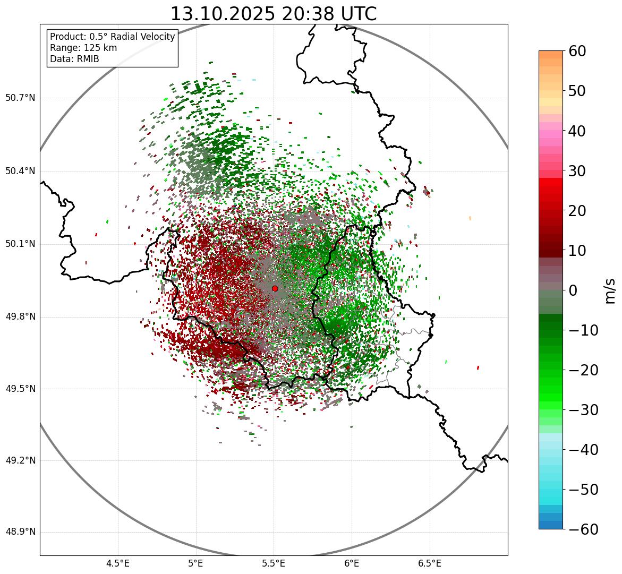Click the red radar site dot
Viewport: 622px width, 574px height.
tap(275, 288)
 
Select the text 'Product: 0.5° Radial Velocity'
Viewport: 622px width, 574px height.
tap(112, 37)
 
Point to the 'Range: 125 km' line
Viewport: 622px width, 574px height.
tap(83, 48)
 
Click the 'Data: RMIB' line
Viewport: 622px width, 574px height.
tap(74, 59)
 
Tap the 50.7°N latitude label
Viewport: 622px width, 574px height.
tap(20, 98)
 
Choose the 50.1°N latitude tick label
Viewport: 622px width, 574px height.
tap(20, 244)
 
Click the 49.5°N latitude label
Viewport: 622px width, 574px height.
tap(20, 389)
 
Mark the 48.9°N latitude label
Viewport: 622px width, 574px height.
tap(20, 532)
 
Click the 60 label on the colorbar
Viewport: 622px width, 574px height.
tap(578, 51)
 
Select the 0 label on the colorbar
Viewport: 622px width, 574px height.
tap(573, 290)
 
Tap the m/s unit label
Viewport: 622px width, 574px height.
tap(610, 290)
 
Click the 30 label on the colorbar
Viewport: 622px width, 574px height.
tap(578, 171)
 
